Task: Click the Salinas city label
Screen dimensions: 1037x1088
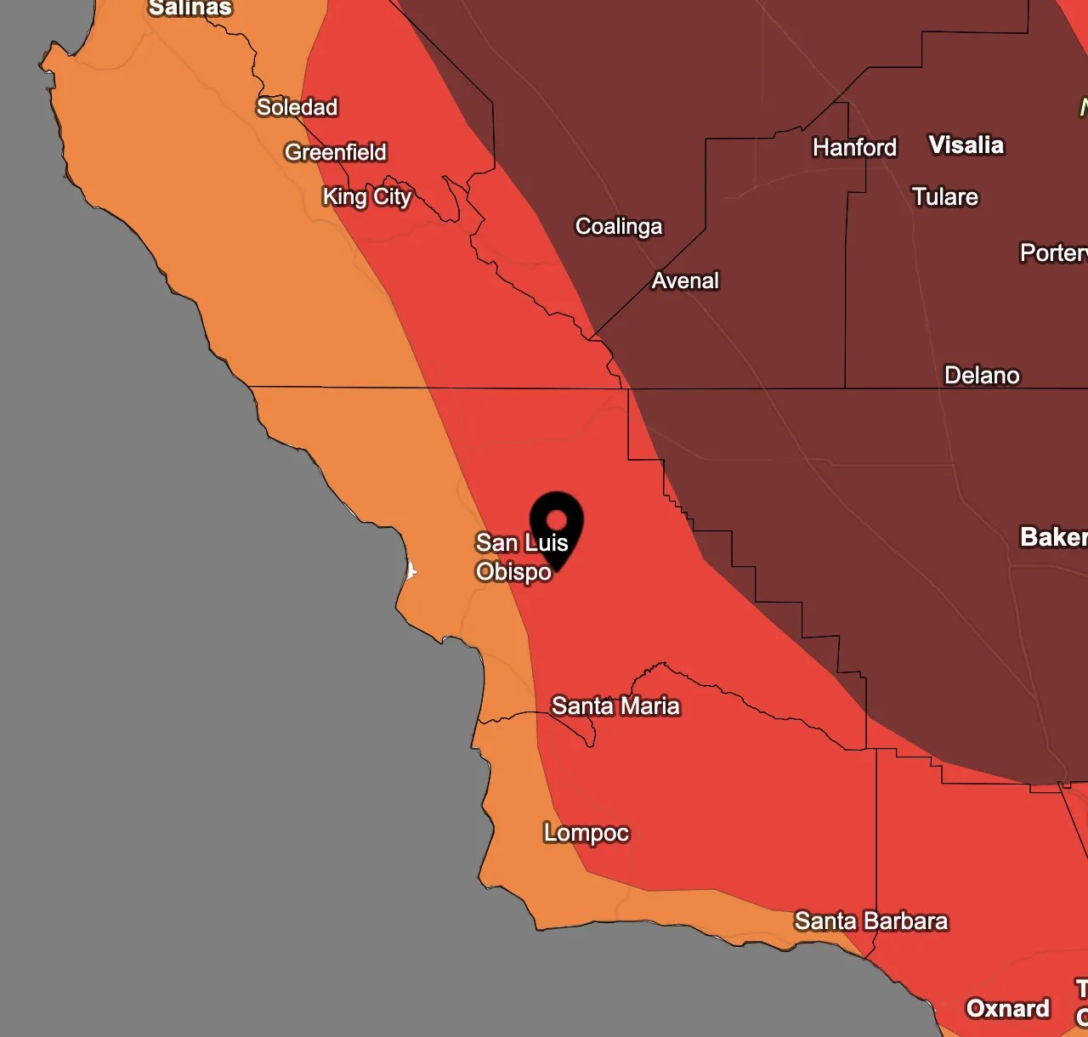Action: tap(190, 8)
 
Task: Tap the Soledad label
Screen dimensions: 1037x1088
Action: tap(297, 107)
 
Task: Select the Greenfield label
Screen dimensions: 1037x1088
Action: tap(336, 152)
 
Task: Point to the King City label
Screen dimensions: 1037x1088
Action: tap(366, 197)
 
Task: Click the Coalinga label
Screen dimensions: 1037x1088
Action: tap(619, 226)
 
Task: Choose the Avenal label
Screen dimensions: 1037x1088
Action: tap(685, 280)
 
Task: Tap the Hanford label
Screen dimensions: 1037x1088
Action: tap(854, 147)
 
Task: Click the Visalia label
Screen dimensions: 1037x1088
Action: tap(966, 145)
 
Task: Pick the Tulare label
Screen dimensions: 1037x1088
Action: tap(945, 197)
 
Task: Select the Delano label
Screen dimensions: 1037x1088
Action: tap(982, 375)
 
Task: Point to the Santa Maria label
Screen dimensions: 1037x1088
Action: tap(615, 705)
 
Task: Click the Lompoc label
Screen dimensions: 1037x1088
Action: tap(586, 832)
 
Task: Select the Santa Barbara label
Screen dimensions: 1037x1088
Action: tap(870, 921)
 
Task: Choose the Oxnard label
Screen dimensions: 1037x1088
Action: tap(1008, 1008)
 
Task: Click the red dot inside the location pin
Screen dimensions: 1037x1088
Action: tap(557, 518)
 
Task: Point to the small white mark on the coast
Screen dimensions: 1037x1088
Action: tap(411, 570)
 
